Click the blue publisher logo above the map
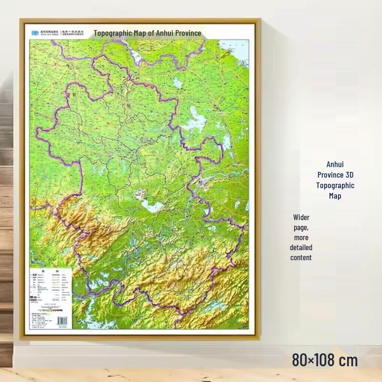(x=35, y=33)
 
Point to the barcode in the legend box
(x=63, y=320)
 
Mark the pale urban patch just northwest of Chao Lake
(x=140, y=194)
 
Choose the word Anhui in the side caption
(x=335, y=164)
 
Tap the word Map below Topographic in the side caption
(x=335, y=196)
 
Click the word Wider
(x=301, y=217)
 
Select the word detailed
(x=301, y=247)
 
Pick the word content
(x=301, y=257)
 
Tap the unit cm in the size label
(x=349, y=360)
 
